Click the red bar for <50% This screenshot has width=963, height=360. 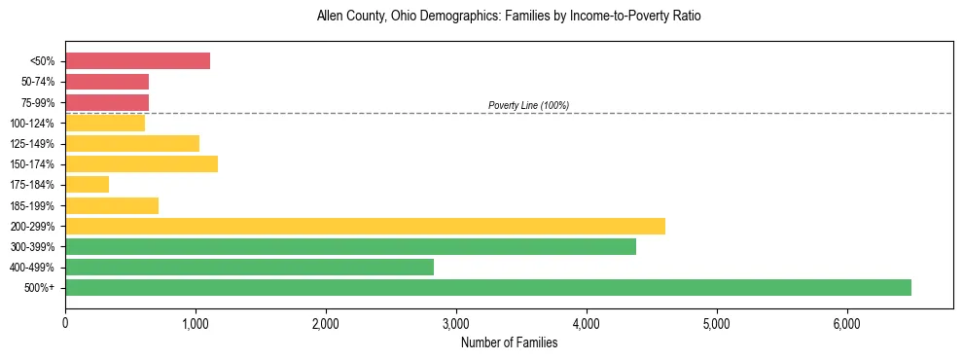pos(137,61)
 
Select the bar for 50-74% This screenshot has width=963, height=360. pos(107,82)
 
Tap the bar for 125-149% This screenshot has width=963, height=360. pos(132,144)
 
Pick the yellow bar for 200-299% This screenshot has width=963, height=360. pos(365,227)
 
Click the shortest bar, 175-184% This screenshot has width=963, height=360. pos(87,185)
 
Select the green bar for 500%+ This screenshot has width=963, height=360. pos(487,288)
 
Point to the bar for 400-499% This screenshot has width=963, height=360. pos(249,268)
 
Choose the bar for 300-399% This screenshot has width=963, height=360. pos(350,247)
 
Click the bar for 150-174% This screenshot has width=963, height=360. pos(141,164)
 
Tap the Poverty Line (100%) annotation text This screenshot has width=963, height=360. pos(528,105)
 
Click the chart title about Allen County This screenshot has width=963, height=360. pos(509,17)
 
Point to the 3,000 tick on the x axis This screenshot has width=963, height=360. pos(456,323)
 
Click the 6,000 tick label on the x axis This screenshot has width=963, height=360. pos(846,323)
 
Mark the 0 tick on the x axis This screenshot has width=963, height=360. pos(65,323)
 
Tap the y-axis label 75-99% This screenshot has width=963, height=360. pos(37,102)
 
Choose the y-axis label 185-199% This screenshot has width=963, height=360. pos(34,206)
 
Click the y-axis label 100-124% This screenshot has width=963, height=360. pos(34,124)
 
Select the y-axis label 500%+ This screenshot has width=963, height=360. pos(41,288)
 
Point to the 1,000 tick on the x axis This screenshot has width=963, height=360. pos(196,323)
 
